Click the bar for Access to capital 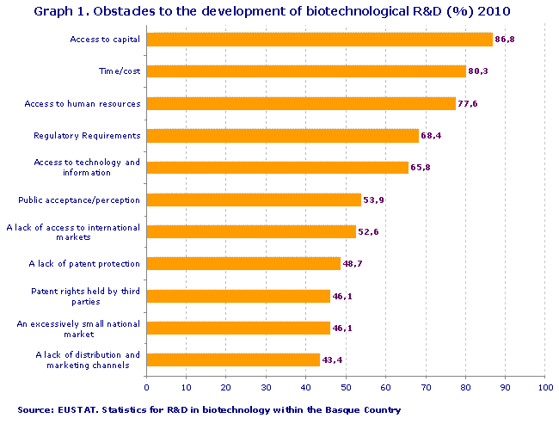(x=319, y=40)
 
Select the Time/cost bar (x=306, y=71)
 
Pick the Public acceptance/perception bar (x=254, y=200)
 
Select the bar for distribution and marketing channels (x=233, y=359)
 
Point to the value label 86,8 (x=505, y=40)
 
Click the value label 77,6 (x=468, y=103)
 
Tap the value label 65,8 (x=421, y=167)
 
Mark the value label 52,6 (x=368, y=231)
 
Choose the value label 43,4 (x=331, y=359)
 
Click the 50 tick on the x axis (x=346, y=388)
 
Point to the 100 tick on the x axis (x=544, y=388)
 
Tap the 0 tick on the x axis (x=147, y=388)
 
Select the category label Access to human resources (x=82, y=103)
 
